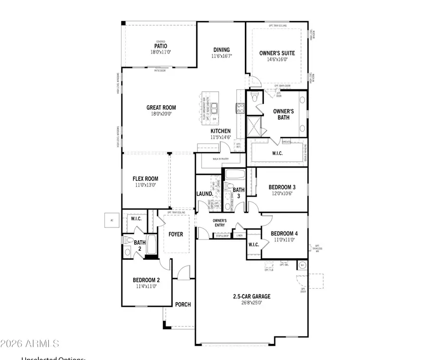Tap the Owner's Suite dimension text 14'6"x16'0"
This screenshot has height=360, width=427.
click(277, 60)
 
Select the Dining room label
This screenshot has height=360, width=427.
click(221, 50)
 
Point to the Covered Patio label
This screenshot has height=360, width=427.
click(161, 46)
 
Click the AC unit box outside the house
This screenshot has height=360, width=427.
click(111, 220)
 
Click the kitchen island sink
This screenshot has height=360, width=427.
click(214, 107)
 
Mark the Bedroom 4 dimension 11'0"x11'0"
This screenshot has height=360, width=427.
click(283, 240)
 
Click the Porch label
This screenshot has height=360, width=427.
click(183, 304)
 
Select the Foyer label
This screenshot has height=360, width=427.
click(176, 234)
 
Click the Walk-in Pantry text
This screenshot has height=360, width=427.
click(221, 159)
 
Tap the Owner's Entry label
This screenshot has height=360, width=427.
click(219, 223)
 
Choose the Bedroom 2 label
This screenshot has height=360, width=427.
click(146, 280)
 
